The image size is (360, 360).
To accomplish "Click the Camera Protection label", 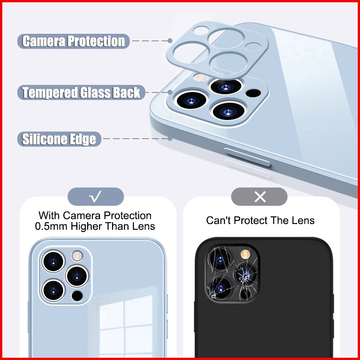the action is click(x=74, y=41).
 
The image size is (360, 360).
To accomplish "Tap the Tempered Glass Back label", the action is click(x=81, y=92).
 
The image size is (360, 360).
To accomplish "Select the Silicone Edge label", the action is click(x=59, y=139).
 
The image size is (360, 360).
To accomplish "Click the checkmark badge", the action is click(x=96, y=196).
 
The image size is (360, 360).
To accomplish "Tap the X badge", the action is click(x=260, y=196).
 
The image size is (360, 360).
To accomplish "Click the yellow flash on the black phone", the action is click(x=244, y=254).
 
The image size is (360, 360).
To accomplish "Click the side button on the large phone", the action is click(x=247, y=157).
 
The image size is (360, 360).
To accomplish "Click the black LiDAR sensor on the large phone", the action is click(x=253, y=93).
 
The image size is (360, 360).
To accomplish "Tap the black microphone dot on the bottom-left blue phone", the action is click(x=77, y=295).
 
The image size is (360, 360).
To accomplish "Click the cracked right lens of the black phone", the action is click(x=245, y=273).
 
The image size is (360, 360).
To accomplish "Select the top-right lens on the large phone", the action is click(x=226, y=86).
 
